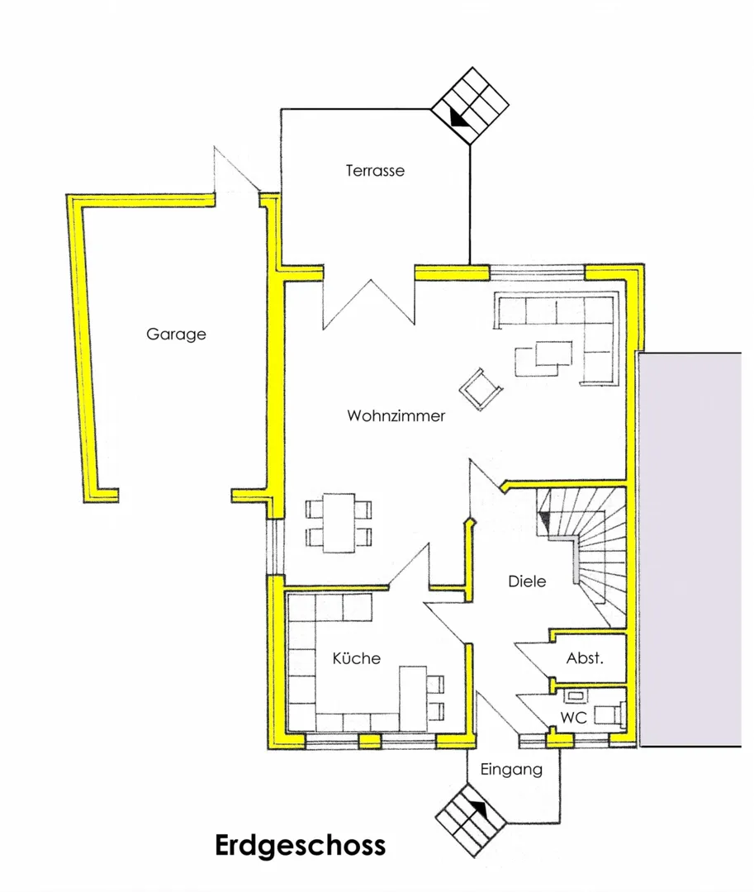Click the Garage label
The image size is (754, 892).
pyautogui.click(x=176, y=334)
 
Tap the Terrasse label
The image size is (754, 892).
pyautogui.click(x=375, y=171)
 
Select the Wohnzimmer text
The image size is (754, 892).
pyautogui.click(x=396, y=415)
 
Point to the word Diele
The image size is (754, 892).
pyautogui.click(x=527, y=581)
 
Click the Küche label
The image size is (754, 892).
pyautogui.click(x=357, y=658)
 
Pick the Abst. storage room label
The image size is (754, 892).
pyautogui.click(x=585, y=658)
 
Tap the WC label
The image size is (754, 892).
pyautogui.click(x=573, y=718)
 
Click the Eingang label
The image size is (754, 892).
pyautogui.click(x=511, y=771)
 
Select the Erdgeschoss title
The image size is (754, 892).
pyautogui.click(x=301, y=846)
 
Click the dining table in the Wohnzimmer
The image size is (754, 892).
pyautogui.click(x=339, y=523)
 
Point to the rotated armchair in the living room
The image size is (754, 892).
pyautogui.click(x=481, y=389)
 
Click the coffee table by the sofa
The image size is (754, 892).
pyautogui.click(x=543, y=358)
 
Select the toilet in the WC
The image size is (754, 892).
pyautogui.click(x=609, y=714)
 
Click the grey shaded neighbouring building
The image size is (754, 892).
pyautogui.click(x=690, y=549)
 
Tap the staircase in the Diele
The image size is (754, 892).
pyautogui.click(x=581, y=557)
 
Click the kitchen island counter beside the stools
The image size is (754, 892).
pyautogui.click(x=414, y=699)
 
